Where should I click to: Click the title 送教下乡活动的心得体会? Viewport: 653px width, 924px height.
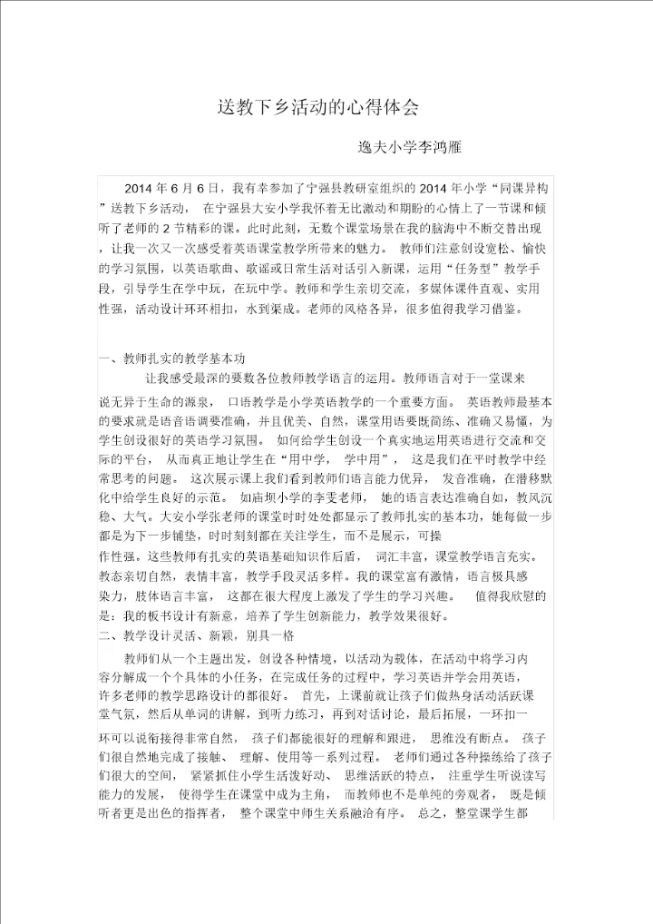(317, 107)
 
